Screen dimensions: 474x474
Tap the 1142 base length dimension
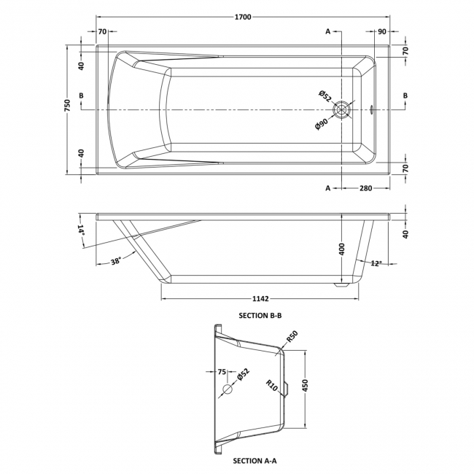[260, 298]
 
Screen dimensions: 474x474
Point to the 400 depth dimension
[341, 249]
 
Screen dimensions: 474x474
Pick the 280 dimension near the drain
[365, 188]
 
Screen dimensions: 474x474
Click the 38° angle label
[117, 260]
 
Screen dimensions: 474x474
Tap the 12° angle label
[376, 263]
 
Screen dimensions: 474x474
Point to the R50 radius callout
[292, 337]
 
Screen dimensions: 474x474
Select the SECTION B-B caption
[260, 315]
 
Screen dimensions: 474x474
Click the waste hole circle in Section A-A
[227, 390]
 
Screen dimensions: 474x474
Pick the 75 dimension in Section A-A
[222, 372]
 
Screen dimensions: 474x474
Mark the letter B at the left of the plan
[81, 96]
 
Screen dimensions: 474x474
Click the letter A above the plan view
[328, 31]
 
